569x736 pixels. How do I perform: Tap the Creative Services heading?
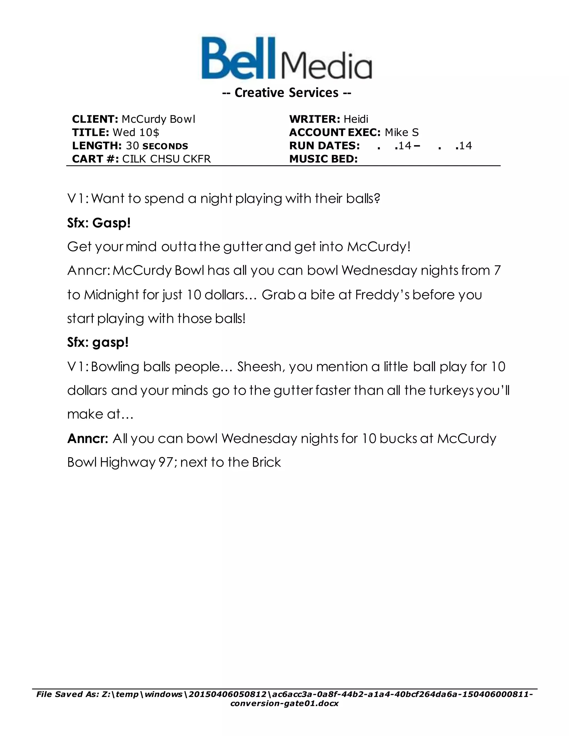pyautogui.click(x=286, y=93)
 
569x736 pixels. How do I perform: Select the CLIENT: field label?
pyautogui.click(x=95, y=119)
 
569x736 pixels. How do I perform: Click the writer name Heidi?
pyautogui.click(x=356, y=119)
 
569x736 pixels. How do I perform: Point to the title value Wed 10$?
pyautogui.click(x=136, y=132)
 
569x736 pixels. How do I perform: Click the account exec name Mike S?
pyautogui.click(x=401, y=132)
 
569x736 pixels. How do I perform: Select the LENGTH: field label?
pyautogui.click(x=97, y=146)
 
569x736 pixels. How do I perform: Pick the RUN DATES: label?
pyautogui.click(x=324, y=146)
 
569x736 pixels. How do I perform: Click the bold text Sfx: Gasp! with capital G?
pyautogui.click(x=99, y=223)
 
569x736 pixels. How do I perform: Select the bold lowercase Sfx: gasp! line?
pyautogui.click(x=98, y=342)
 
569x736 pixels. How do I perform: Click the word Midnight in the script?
pyautogui.click(x=111, y=295)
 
